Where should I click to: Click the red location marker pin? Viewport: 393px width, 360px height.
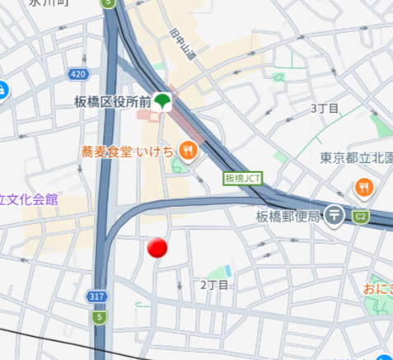click(x=157, y=248)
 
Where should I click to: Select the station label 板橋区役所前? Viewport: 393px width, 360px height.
click(x=111, y=101)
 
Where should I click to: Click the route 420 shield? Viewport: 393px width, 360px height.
click(x=77, y=75)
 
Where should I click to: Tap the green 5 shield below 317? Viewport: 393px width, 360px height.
click(x=99, y=316)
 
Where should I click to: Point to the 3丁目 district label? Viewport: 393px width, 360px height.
click(x=325, y=109)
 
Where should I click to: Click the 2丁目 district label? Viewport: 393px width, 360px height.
click(x=214, y=285)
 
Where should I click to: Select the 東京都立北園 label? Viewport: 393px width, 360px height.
click(x=356, y=159)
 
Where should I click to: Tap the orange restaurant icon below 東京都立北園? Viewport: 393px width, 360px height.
click(x=364, y=189)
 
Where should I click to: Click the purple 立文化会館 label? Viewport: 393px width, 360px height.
click(x=29, y=199)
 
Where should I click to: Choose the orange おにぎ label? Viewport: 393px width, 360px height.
click(x=377, y=289)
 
